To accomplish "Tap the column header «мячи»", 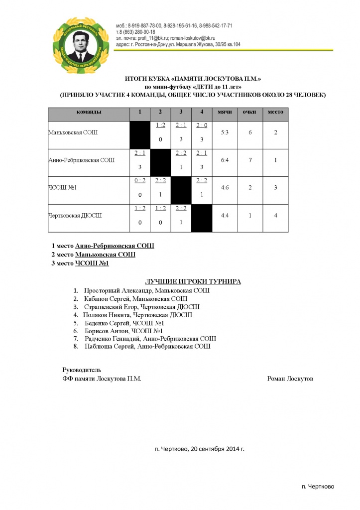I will pos(225,112).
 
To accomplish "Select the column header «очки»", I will pos(249,112).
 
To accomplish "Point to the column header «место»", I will pos(275,112).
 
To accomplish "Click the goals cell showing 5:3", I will pos(225,133).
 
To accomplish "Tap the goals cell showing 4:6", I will pos(225,188).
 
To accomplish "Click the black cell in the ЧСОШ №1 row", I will pos(181,190).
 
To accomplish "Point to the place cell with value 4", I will pos(275,215).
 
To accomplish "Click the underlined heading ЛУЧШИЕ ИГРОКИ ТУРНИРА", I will pos(193,281).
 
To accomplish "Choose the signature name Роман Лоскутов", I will pos(290,379).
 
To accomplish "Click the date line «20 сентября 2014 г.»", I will pos(217,448).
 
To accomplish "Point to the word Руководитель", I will pos(82,370).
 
